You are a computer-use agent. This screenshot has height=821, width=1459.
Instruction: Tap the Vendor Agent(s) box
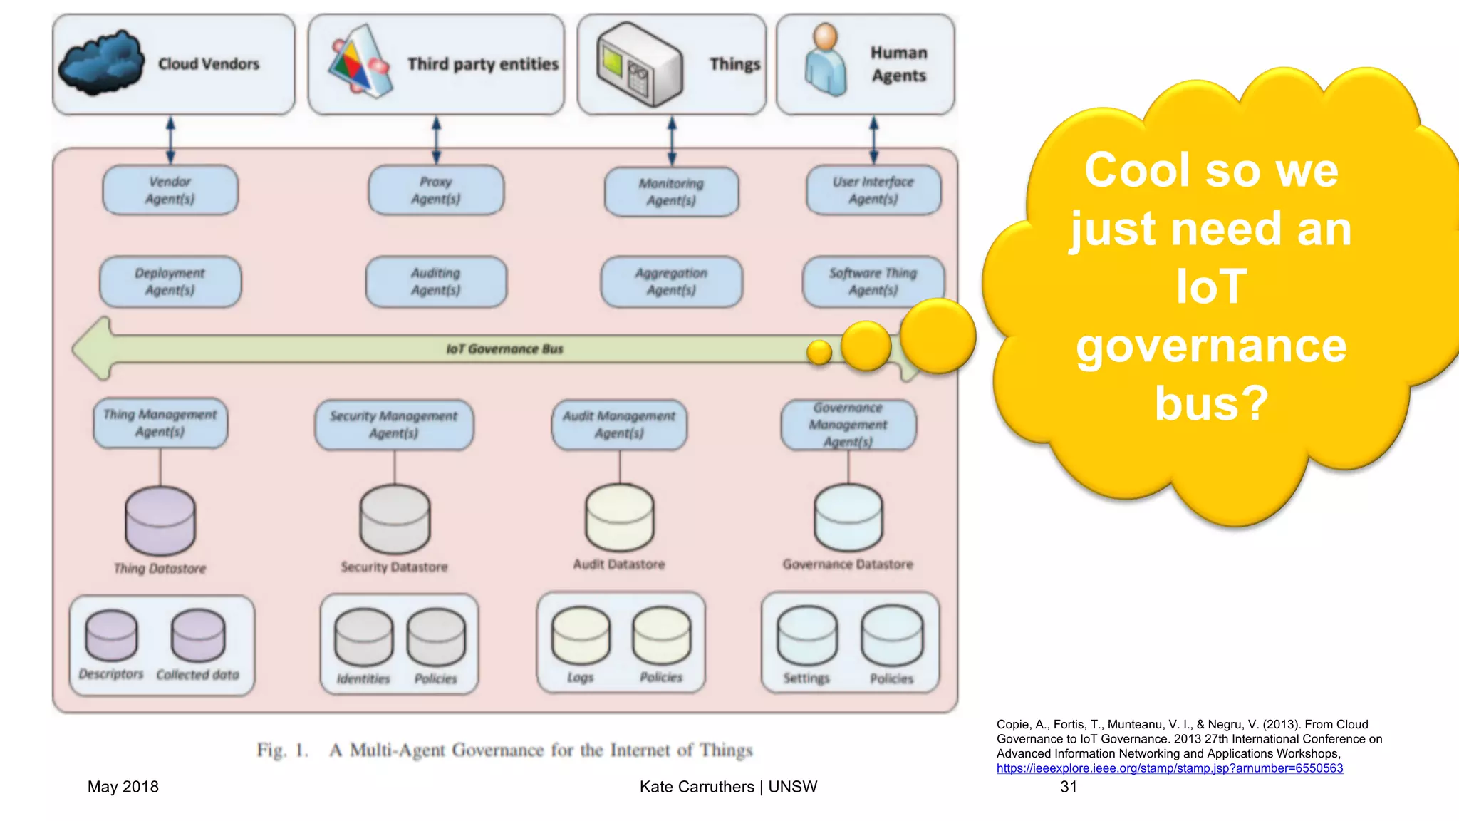[170, 190]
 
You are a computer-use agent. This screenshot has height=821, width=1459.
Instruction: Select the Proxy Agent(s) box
[436, 190]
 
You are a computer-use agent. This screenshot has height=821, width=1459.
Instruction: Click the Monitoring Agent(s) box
[671, 192]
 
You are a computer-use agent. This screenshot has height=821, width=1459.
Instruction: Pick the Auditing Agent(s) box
[436, 282]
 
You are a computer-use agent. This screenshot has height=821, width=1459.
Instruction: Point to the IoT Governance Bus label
[504, 349]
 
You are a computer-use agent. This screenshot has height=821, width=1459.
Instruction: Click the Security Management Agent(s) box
[394, 425]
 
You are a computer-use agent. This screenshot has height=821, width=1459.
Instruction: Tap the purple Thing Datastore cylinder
[160, 521]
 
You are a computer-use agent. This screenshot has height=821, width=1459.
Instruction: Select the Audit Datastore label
[619, 564]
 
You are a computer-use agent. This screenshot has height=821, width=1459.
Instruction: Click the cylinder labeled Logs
[581, 636]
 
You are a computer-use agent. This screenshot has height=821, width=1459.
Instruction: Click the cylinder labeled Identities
[364, 637]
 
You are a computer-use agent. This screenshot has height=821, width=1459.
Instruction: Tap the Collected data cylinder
[198, 636]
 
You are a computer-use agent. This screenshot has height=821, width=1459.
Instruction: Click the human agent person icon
[826, 60]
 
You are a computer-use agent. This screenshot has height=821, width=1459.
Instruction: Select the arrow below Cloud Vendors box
[170, 140]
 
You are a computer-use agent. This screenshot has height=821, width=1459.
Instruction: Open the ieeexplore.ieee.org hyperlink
[1169, 768]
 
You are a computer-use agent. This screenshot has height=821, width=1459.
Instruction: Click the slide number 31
[1069, 787]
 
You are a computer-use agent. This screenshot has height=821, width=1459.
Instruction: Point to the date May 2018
[123, 787]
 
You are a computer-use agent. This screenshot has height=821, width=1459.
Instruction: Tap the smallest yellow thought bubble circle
[819, 352]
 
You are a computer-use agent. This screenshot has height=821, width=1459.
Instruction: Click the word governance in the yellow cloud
[1211, 346]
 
